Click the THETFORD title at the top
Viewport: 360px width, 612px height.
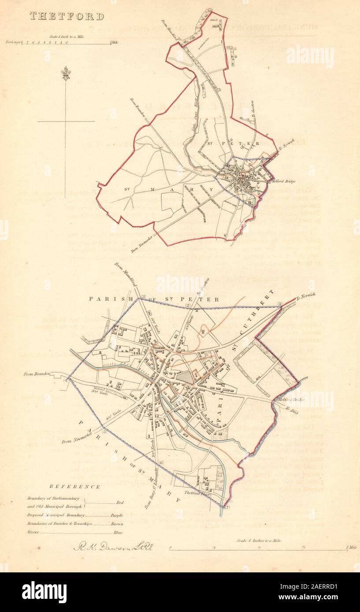[x=67, y=17]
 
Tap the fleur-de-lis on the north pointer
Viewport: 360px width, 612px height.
[x=66, y=73]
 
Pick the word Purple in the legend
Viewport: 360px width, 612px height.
[x=117, y=515]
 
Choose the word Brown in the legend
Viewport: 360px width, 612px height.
[x=117, y=524]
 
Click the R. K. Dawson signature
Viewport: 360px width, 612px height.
[x=112, y=548]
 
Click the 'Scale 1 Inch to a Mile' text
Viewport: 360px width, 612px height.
[x=67, y=37]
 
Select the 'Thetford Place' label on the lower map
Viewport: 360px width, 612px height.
[x=196, y=493]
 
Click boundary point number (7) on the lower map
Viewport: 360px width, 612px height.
[x=227, y=508]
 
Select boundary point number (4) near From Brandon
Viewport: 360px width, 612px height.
[x=66, y=380]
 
